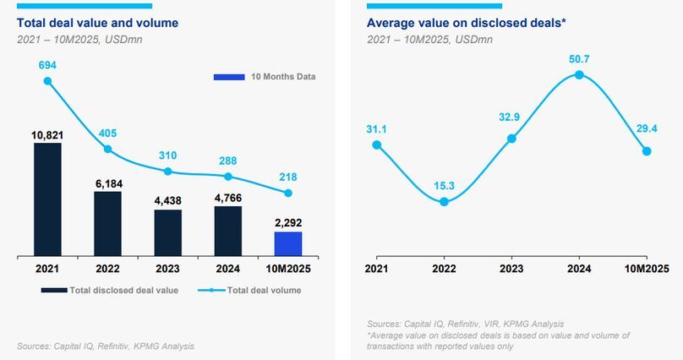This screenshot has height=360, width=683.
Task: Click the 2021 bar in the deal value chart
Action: click(47, 199)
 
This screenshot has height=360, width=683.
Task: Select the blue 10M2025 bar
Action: click(288, 243)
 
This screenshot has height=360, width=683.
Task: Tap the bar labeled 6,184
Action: click(107, 223)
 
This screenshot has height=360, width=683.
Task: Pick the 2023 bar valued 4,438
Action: click(167, 232)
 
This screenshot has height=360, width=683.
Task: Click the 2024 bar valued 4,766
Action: click(228, 231)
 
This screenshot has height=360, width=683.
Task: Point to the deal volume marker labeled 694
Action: click(47, 81)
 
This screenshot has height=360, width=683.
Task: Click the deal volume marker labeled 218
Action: click(288, 193)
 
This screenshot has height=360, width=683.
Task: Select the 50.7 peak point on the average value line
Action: click(579, 74)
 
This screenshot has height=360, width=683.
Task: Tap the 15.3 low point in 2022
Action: click(444, 201)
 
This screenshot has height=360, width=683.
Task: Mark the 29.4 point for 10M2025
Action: click(647, 151)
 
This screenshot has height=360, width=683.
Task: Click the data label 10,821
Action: click(47, 134)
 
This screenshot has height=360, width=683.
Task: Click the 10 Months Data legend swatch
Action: click(228, 78)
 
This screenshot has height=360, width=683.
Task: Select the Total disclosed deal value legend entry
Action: click(118, 290)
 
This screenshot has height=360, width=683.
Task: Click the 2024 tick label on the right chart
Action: click(579, 268)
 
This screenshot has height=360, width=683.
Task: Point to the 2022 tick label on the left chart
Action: click(107, 268)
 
